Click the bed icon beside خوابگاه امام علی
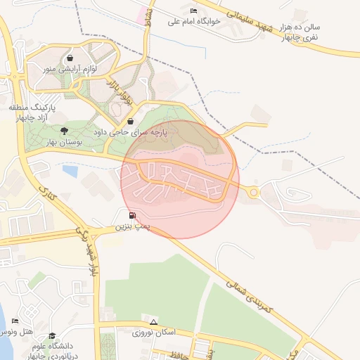pyautogui.click(x=194, y=11)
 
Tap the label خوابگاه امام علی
pyautogui.click(x=194, y=21)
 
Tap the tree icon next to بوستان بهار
pyautogui.click(x=64, y=131)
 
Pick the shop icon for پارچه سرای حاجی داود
pyautogui.click(x=130, y=121)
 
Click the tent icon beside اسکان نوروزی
pyautogui.click(x=153, y=321)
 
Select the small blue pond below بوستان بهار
pyautogui.click(x=70, y=169)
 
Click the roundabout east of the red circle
pyautogui.click(x=254, y=192)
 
